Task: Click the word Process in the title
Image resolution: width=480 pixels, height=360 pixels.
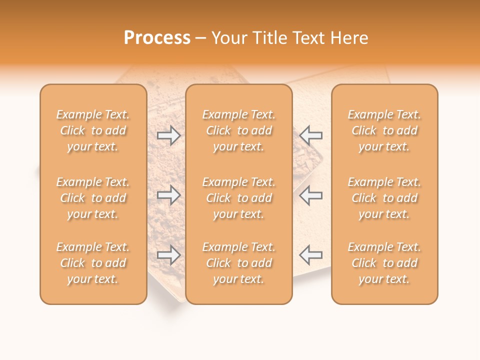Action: [x=157, y=38]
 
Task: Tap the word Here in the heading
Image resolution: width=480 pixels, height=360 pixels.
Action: [x=348, y=38]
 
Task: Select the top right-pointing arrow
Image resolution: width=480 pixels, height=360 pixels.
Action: [x=168, y=135]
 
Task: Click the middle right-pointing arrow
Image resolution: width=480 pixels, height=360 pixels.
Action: [x=168, y=195]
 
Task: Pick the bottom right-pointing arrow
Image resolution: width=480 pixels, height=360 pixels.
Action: [x=168, y=255]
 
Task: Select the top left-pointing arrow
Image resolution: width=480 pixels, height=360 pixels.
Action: [x=310, y=135]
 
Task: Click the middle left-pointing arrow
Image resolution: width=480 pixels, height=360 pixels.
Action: [x=310, y=195]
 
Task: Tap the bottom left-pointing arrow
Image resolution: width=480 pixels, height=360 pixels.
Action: [x=310, y=255]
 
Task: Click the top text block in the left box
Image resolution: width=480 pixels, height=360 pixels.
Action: [x=93, y=130]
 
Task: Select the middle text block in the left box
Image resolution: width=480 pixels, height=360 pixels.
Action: [x=93, y=198]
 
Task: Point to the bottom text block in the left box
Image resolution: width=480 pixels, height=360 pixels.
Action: [x=93, y=263]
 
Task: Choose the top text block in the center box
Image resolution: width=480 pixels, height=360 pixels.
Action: [x=238, y=130]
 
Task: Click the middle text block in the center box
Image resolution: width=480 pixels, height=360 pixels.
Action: [x=238, y=198]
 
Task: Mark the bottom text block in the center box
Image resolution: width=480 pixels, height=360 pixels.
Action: [x=238, y=263]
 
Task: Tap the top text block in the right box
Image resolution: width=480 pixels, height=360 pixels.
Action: [x=384, y=130]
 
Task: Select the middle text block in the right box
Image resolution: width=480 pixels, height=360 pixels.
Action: [x=384, y=198]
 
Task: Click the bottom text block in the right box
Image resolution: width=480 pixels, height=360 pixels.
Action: [x=384, y=263]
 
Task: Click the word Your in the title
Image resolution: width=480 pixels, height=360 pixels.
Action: [x=228, y=38]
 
